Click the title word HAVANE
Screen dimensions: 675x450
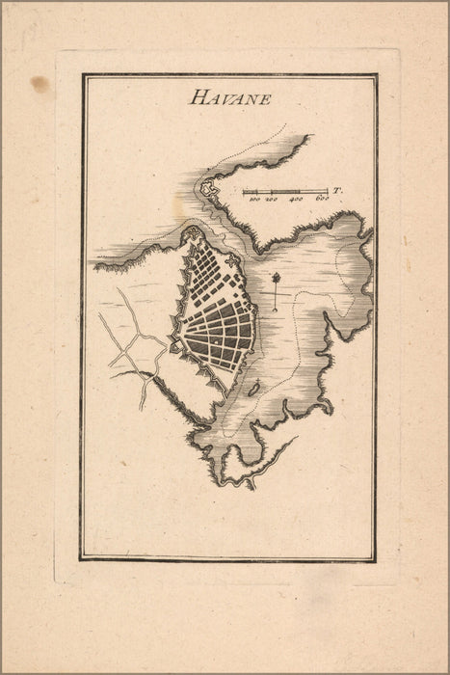[x=230, y=96]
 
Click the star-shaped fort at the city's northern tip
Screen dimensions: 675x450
[x=194, y=234]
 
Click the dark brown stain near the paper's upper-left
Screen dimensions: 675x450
[x=40, y=84]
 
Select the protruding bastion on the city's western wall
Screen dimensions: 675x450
[x=174, y=344]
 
